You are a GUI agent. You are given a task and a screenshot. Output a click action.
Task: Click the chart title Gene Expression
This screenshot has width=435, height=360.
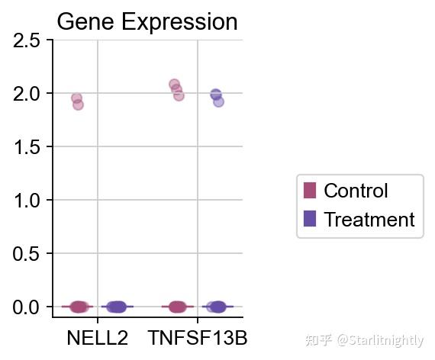(x=147, y=22)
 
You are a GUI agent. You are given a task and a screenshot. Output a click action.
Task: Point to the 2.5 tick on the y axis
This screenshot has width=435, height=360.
(x=27, y=40)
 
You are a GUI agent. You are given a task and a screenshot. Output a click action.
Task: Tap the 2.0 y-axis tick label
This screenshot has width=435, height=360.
(x=27, y=94)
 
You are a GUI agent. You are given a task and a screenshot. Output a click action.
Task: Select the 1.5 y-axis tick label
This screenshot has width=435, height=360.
(x=27, y=147)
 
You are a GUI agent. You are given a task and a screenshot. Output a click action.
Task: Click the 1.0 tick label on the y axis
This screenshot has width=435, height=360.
(x=27, y=201)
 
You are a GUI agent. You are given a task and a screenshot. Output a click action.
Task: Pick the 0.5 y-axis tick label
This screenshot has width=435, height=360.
(x=27, y=254)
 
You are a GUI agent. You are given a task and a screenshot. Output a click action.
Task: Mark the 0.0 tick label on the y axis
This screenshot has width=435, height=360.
(x=27, y=307)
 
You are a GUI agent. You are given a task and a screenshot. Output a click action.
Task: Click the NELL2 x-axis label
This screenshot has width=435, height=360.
(x=98, y=338)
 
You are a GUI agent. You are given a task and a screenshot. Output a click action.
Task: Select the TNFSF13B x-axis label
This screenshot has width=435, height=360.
(x=198, y=338)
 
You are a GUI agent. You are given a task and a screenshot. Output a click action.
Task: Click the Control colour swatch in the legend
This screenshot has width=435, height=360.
(x=310, y=191)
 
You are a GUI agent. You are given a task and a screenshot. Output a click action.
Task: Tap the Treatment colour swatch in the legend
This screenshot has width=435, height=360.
(x=310, y=219)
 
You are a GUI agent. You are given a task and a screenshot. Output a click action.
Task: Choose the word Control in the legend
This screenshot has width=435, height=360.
(x=356, y=191)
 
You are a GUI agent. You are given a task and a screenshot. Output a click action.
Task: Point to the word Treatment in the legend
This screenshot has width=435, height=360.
(x=369, y=219)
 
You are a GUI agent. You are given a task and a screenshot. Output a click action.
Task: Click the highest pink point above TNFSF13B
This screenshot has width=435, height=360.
(x=174, y=84)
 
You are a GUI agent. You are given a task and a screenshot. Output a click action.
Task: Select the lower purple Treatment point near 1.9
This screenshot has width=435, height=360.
(x=218, y=102)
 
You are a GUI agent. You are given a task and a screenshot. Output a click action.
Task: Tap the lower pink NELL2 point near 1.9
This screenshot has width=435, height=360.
(x=79, y=104)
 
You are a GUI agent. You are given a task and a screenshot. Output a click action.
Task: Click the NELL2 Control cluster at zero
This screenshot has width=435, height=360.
(x=79, y=307)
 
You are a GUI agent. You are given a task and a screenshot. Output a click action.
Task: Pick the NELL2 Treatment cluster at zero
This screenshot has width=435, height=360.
(x=117, y=307)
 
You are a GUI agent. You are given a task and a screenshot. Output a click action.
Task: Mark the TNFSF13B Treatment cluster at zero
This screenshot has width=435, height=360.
(x=217, y=307)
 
